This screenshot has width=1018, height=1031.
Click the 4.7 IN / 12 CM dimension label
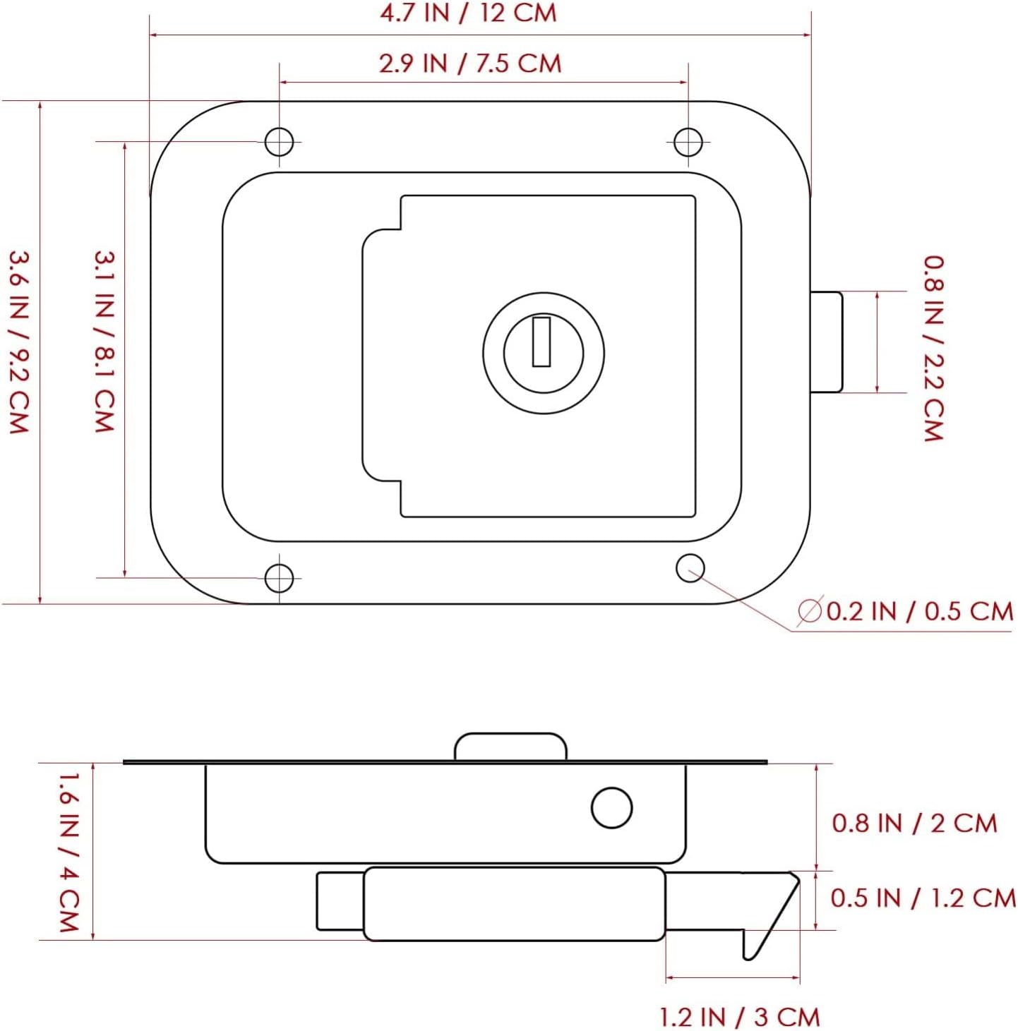469,13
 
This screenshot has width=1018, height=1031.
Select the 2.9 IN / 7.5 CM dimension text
470,63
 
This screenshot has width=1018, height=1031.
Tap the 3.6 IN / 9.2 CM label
18,342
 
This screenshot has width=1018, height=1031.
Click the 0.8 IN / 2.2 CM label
934,349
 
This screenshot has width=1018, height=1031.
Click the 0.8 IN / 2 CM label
914,823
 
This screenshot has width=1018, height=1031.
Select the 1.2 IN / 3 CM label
739,1017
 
